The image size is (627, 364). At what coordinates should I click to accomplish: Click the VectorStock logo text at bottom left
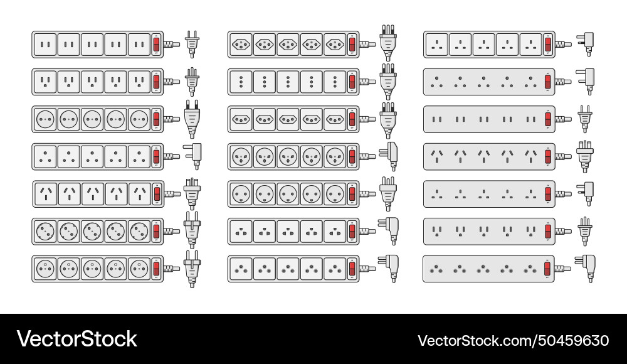[76, 339]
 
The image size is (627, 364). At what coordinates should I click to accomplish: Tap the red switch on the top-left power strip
[156, 45]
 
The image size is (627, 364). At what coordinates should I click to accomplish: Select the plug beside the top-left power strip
[192, 45]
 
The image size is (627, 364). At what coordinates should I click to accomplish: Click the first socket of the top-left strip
[45, 45]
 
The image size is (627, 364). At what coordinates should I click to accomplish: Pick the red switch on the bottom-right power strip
[547, 269]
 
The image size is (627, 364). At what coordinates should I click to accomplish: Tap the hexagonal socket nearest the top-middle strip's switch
[335, 45]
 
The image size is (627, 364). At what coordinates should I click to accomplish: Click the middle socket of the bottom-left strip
[93, 269]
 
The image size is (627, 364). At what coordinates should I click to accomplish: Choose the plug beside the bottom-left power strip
[192, 269]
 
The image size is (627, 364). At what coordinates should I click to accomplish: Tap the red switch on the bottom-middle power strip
[352, 269]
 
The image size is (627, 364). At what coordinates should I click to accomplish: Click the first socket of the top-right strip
[437, 45]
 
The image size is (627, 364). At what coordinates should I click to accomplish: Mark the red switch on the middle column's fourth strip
[352, 156]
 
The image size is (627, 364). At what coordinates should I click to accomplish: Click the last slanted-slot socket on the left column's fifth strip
[140, 194]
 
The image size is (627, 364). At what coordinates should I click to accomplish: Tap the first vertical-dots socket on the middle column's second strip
[241, 82]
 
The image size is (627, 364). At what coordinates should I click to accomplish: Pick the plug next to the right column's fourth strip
[584, 156]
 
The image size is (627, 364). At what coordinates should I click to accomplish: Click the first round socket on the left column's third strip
[45, 119]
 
